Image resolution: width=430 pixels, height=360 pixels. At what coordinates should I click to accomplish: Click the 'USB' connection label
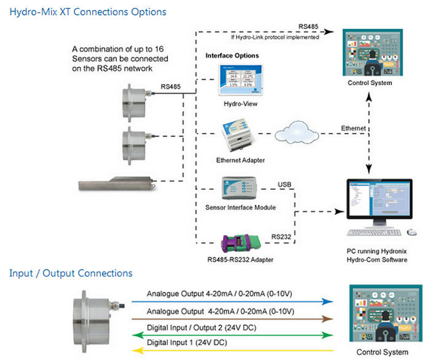pyautogui.click(x=286, y=184)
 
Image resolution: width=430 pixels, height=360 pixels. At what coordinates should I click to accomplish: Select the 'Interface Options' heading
pyautogui.click(x=232, y=55)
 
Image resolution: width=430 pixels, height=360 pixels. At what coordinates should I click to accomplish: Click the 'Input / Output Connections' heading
pyautogui.click(x=71, y=273)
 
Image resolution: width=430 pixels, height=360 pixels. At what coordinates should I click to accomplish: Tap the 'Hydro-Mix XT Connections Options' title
pyautogui.click(x=88, y=12)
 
